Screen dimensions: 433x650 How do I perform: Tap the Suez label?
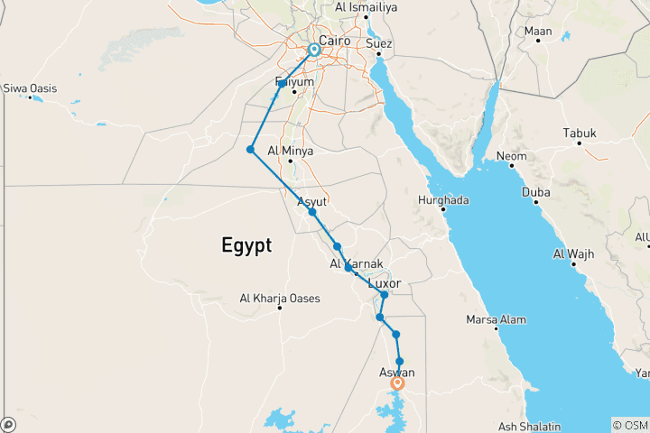pos(379,42)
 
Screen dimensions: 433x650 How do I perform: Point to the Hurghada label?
pos(444,199)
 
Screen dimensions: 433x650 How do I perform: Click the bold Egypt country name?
pos(246,244)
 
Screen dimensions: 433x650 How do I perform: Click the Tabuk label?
pos(580,134)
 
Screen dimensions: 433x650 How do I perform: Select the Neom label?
pos(511,156)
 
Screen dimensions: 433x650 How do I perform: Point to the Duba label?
pos(535,191)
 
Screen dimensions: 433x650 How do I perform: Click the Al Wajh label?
pos(573,254)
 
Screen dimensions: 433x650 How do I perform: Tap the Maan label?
pos(539,32)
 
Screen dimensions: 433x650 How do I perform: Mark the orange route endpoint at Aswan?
pos(397,383)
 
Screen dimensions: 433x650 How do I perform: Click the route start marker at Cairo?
pos(313,50)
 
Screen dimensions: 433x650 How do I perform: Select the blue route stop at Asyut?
pos(311,212)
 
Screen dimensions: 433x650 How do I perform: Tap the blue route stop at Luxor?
pos(385,295)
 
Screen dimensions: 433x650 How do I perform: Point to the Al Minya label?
pos(291,151)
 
